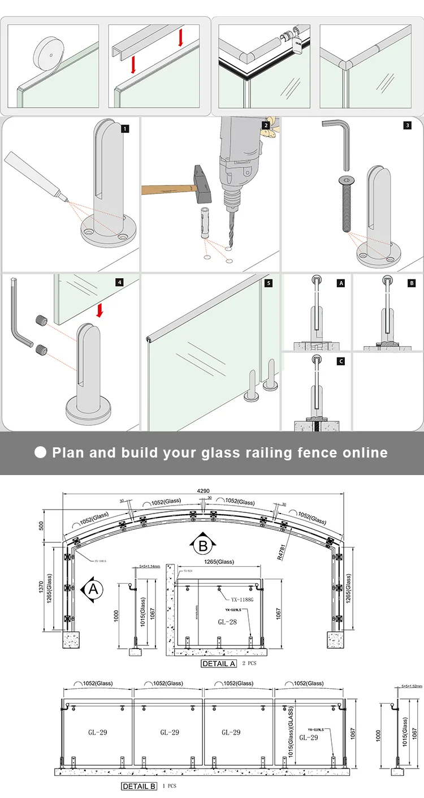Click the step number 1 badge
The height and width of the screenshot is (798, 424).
tap(124, 129)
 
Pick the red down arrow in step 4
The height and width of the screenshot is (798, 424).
tap(99, 310)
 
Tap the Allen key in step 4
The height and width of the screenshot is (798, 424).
tap(19, 320)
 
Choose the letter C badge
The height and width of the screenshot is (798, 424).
tap(340, 361)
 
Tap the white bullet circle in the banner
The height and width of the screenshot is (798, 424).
tap(41, 452)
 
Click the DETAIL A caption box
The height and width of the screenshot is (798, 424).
tap(218, 663)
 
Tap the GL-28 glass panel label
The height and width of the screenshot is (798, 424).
tap(227, 622)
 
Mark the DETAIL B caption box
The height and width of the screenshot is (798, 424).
tap(139, 786)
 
